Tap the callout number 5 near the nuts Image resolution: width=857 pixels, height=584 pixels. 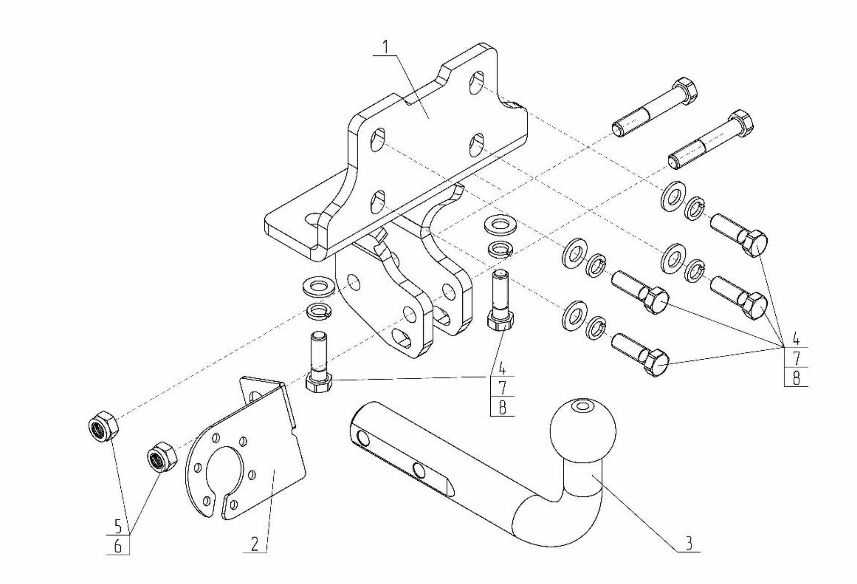click(118, 526)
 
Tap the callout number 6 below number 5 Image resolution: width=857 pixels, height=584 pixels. click(118, 546)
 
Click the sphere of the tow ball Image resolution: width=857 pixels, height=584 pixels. click(583, 431)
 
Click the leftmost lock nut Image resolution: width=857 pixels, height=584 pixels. click(102, 427)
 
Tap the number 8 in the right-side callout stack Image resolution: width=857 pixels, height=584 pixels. click(797, 378)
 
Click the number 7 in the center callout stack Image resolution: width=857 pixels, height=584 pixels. click(502, 387)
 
